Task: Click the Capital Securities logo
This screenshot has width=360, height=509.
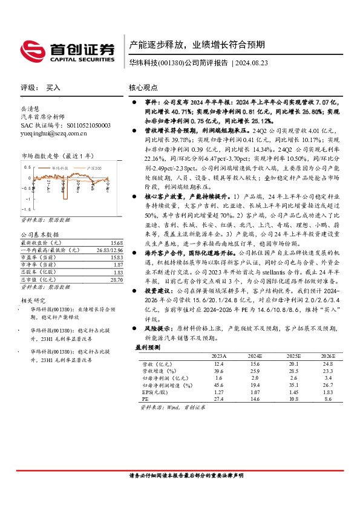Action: click(x=67, y=50)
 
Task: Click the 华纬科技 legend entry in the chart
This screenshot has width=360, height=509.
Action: click(x=59, y=166)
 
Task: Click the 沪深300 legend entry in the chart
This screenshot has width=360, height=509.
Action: click(x=93, y=166)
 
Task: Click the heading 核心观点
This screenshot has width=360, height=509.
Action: click(x=143, y=88)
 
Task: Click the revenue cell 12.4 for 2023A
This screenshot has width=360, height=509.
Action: click(x=218, y=363)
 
